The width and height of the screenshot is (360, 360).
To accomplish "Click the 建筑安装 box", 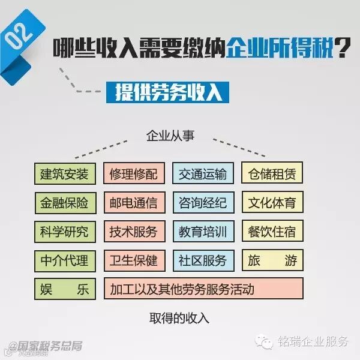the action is (x=64, y=174).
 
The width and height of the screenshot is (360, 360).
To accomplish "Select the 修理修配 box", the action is (x=133, y=174).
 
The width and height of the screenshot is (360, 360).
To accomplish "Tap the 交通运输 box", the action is (x=202, y=174).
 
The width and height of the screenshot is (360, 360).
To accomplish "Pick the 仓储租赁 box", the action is (x=272, y=174).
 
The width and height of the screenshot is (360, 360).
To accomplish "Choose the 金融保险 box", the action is (x=64, y=203).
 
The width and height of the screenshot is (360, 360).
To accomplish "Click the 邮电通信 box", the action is (x=133, y=203).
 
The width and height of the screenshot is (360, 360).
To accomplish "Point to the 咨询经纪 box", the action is (x=202, y=203).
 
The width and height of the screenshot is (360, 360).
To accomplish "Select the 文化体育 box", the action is (x=272, y=203).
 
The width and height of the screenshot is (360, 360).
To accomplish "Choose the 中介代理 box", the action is (x=64, y=260).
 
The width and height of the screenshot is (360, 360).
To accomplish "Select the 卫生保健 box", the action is (x=133, y=260).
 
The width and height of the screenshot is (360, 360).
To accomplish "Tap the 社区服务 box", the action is (x=202, y=260).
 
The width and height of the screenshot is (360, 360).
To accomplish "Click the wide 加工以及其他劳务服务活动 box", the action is (x=203, y=289).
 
